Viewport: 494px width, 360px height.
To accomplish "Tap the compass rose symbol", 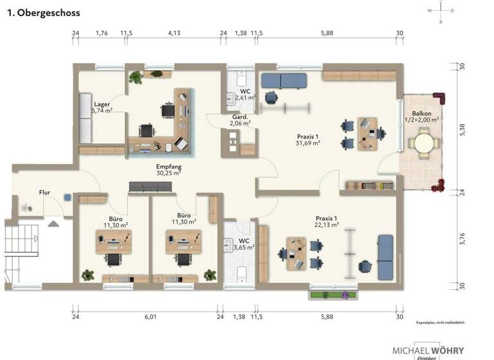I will (x=441, y=11).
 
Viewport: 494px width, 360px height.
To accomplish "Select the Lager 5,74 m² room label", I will (x=102, y=107).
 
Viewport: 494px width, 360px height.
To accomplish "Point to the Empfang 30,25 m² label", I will (x=169, y=169).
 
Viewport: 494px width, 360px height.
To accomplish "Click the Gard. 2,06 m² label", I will (x=241, y=120).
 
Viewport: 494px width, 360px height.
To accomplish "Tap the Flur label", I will (x=44, y=192).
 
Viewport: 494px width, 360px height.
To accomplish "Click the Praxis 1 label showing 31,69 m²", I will (x=308, y=139).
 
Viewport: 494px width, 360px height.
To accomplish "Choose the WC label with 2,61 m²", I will (x=245, y=94).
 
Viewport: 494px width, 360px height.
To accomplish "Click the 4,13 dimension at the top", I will (x=174, y=33).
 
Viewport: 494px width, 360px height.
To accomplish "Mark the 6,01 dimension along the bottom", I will (x=150, y=317).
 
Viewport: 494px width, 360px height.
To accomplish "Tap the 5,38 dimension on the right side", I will (x=462, y=129).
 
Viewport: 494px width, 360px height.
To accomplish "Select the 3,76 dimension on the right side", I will (x=462, y=239).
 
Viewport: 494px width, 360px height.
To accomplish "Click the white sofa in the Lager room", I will (x=87, y=118).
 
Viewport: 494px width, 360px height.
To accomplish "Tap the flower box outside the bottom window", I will (x=333, y=295).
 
